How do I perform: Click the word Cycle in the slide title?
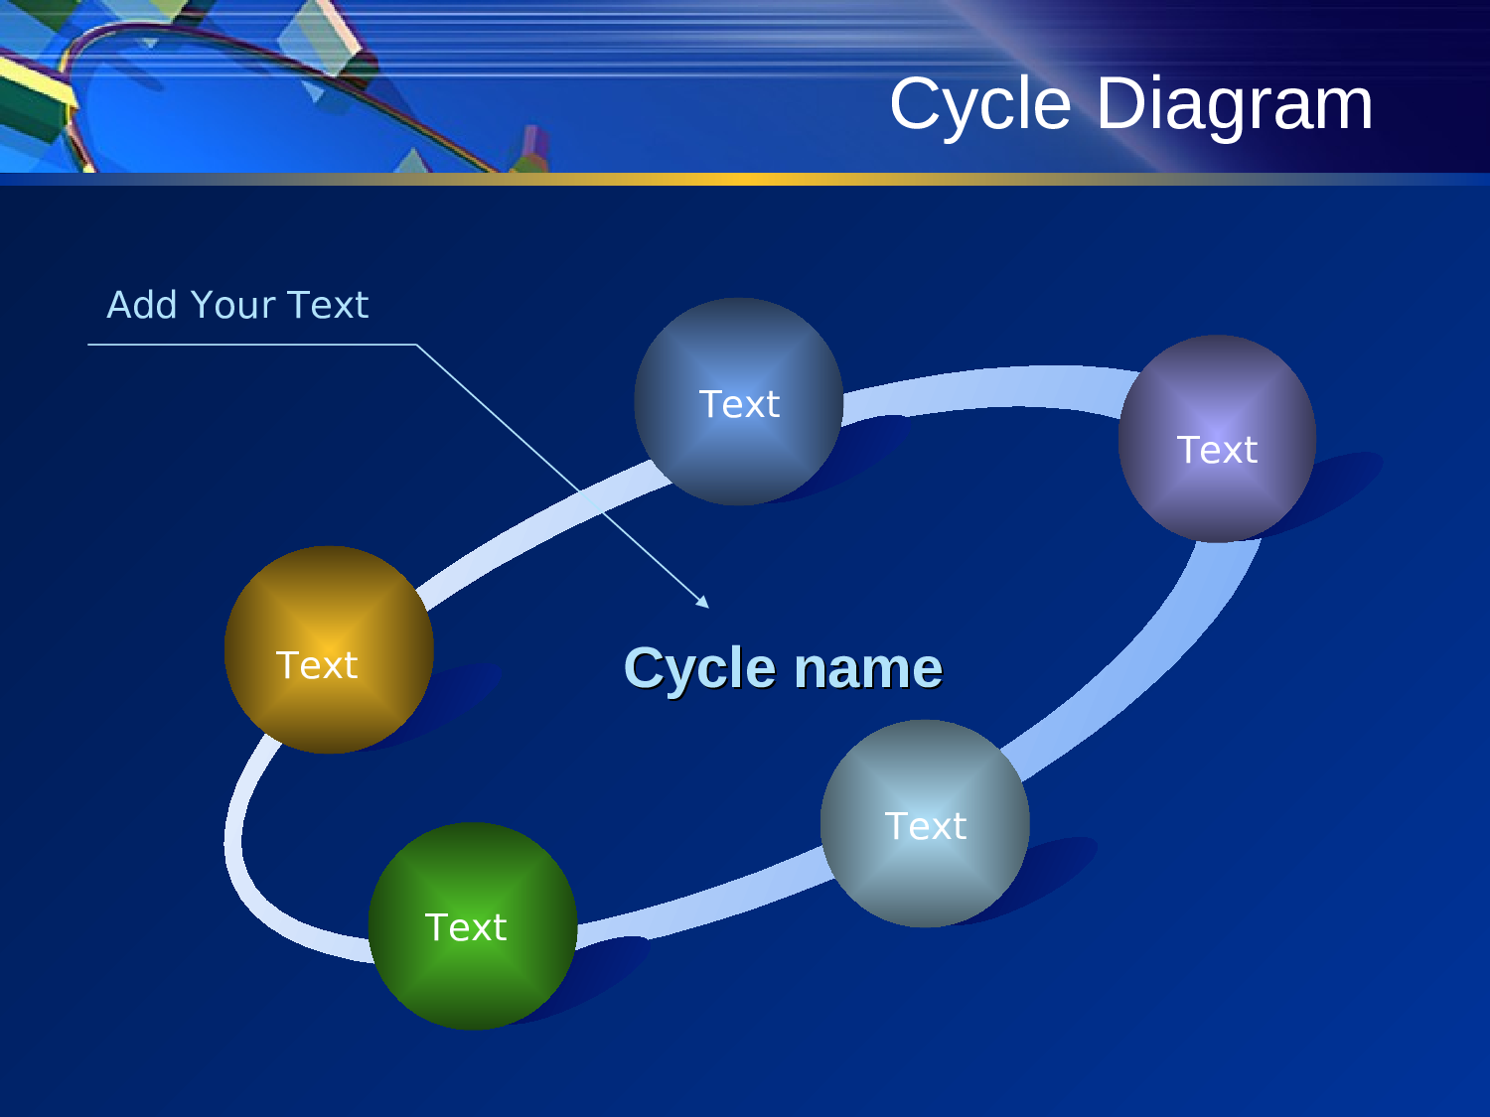click(979, 104)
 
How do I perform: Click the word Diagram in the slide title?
click(1235, 104)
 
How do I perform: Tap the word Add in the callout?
click(141, 305)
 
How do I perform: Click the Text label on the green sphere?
click(466, 927)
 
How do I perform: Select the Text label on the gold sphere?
click(316, 665)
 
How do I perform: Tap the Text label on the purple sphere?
click(1217, 450)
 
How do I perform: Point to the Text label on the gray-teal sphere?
click(925, 826)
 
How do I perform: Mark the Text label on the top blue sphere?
click(739, 404)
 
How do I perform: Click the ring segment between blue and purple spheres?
click(983, 386)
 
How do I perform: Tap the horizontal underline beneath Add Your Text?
click(248, 345)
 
